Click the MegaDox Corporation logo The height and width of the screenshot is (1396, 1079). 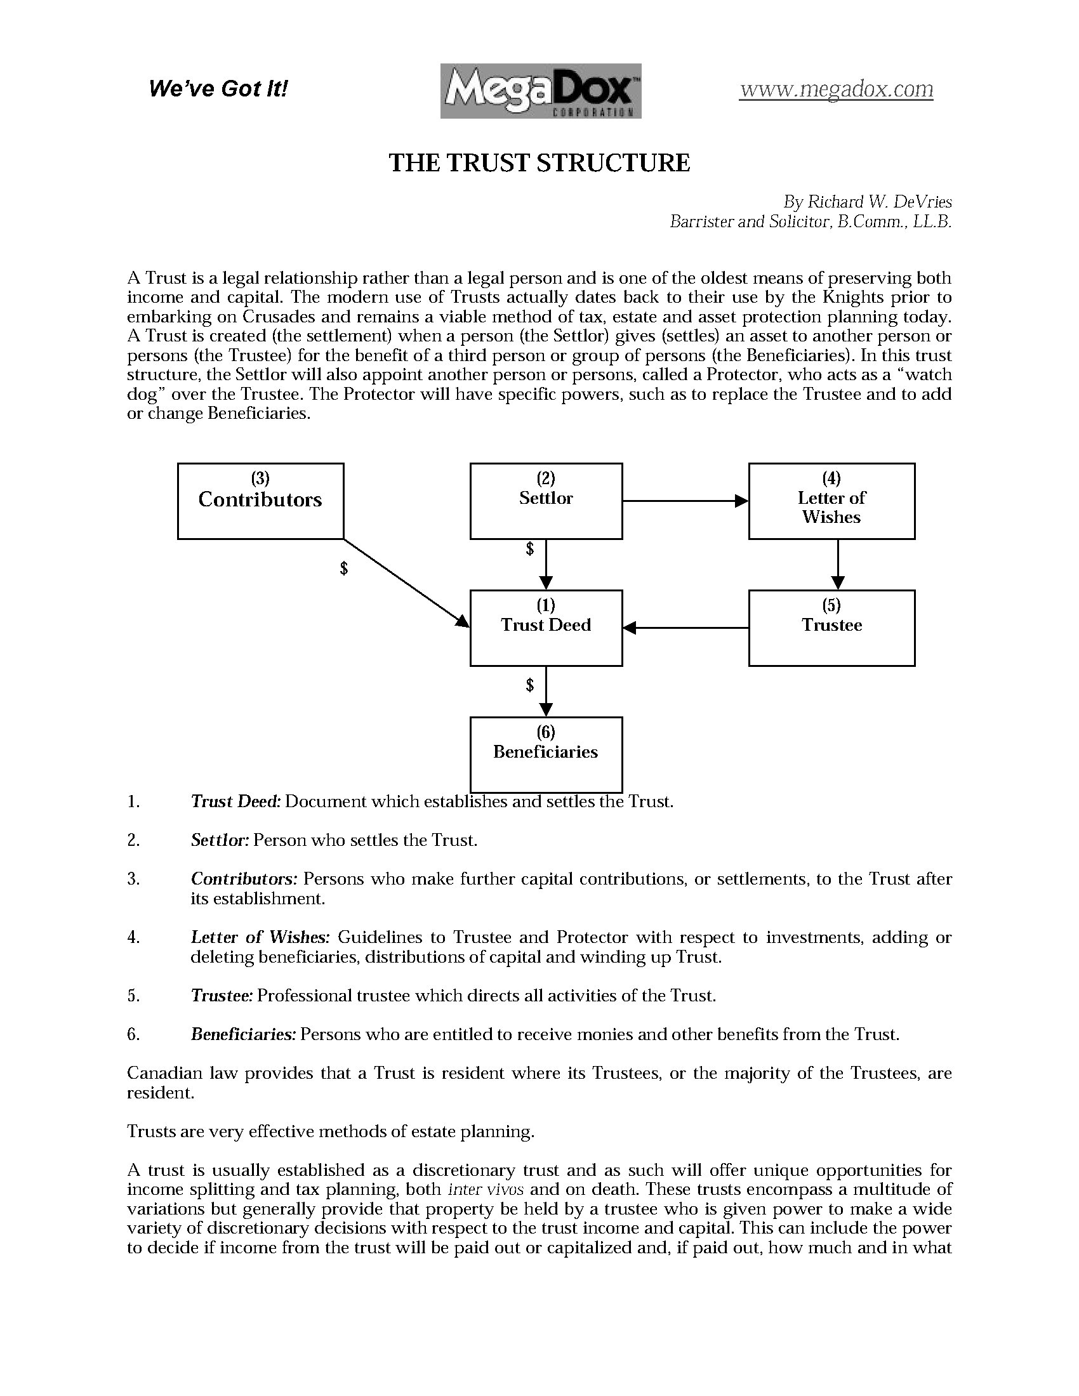pos(540,91)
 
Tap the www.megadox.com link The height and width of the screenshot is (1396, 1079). pos(836,89)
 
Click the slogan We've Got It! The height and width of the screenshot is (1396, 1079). pos(218,88)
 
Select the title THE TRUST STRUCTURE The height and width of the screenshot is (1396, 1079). pos(539,163)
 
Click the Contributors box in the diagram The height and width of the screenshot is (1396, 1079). pos(260,501)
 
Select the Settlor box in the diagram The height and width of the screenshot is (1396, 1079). pos(546,501)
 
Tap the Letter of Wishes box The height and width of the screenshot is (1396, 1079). pos(831,501)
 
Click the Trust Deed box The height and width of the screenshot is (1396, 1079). pos(546,628)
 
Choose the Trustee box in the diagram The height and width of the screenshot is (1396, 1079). pos(831,628)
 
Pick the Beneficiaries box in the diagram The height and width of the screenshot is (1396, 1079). pos(546,754)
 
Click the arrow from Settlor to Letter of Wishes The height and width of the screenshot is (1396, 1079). pos(685,501)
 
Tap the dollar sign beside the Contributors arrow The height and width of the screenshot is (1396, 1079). pos(344,569)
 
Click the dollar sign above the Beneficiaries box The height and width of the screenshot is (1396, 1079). pos(530,685)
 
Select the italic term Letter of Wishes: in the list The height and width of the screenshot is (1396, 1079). pos(260,937)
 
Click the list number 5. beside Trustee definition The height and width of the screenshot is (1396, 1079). pos(133,995)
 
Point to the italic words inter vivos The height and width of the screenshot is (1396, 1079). pos(486,1190)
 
